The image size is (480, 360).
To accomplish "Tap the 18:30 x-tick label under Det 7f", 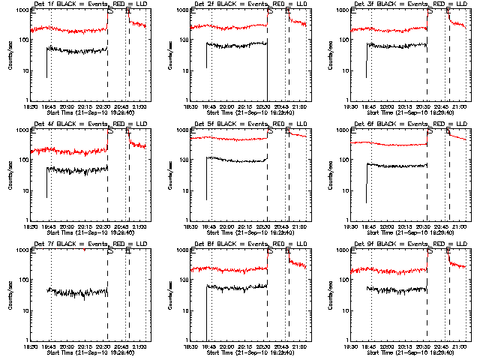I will point(31,346).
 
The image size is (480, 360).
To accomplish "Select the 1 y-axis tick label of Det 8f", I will point(187,340).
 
